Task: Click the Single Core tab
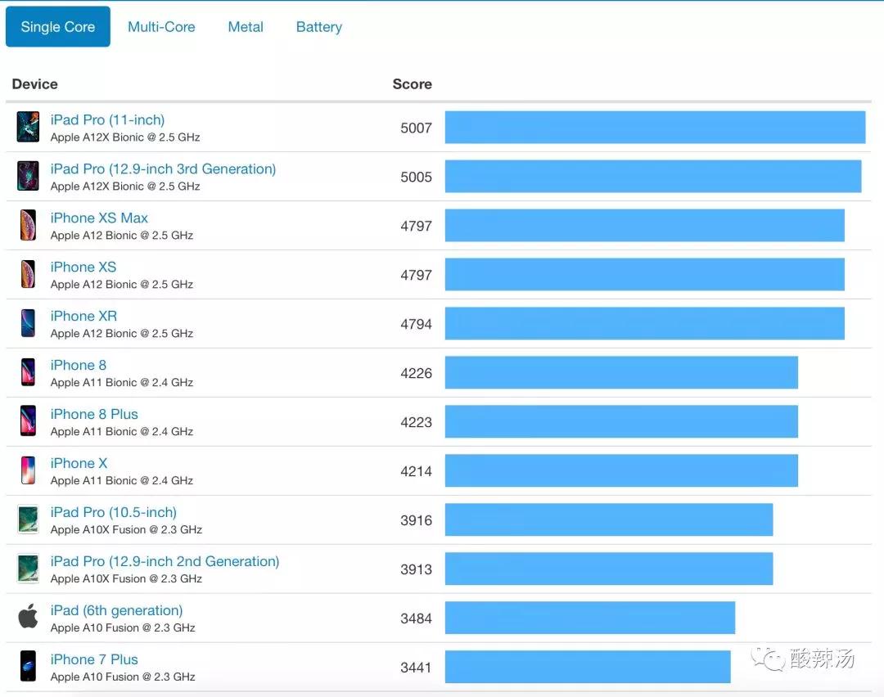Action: pos(57,27)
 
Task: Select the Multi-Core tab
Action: pos(161,27)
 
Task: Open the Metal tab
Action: pos(246,27)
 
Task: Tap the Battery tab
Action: pos(319,27)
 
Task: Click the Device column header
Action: pos(35,84)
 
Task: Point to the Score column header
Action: pos(412,84)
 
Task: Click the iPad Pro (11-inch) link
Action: pos(107,120)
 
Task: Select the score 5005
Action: pos(416,177)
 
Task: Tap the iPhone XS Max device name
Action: pos(99,218)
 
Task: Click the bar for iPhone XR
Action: pos(644,323)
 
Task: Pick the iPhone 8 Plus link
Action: pos(94,415)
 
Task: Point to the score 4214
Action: pos(416,471)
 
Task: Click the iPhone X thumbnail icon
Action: pos(29,470)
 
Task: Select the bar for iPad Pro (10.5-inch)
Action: pos(608,519)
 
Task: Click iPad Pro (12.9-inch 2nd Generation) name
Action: pos(165,562)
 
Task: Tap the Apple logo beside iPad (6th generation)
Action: pos(29,617)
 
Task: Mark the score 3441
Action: pos(416,668)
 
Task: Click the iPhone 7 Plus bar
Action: pos(587,667)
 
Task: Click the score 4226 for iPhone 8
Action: pos(416,373)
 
